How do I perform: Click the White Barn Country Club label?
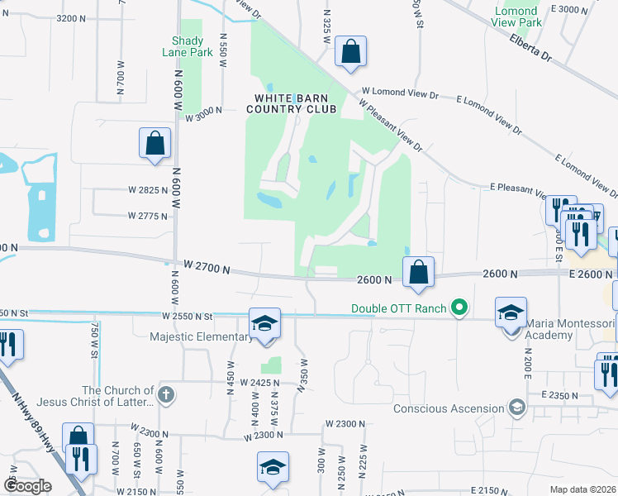tap(295, 103)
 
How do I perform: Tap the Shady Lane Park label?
tap(192, 45)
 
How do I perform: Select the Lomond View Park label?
tap(518, 17)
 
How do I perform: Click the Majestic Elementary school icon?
tap(266, 323)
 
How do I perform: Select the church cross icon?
tap(166, 394)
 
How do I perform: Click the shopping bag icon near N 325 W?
tap(351, 51)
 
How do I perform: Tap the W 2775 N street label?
tap(148, 216)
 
